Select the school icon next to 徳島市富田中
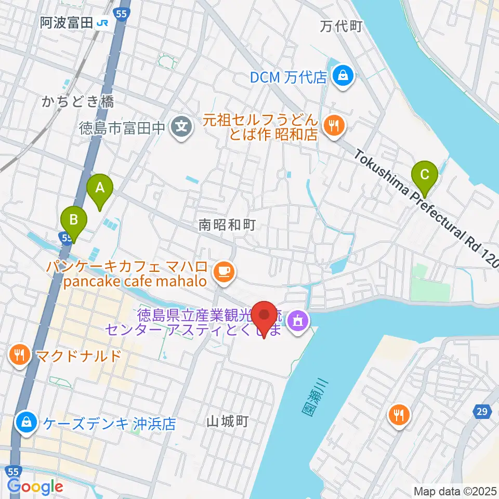click(x=181, y=126)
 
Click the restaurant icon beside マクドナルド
click(x=20, y=356)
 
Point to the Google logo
click(x=35, y=487)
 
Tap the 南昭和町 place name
click(x=220, y=225)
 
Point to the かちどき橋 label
click(x=77, y=102)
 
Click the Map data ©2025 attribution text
click(x=454, y=490)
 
